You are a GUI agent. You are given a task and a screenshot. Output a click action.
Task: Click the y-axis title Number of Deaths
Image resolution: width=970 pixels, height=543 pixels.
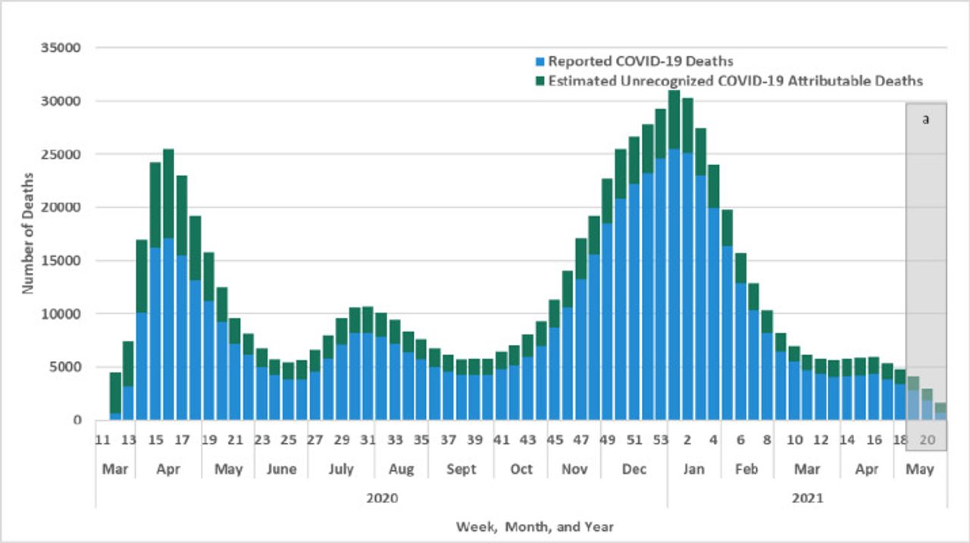[x=28, y=234]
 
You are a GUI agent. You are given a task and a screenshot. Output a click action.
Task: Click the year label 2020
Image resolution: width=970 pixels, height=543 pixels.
[x=381, y=498]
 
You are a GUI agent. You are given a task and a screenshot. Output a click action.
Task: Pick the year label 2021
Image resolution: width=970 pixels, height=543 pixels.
[x=807, y=498]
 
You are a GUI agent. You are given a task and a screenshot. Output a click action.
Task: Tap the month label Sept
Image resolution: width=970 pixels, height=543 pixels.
[x=461, y=469]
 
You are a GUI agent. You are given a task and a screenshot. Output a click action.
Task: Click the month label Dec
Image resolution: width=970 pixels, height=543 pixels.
[x=634, y=469]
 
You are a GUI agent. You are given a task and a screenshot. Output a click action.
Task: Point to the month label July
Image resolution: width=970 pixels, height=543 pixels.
[x=341, y=469]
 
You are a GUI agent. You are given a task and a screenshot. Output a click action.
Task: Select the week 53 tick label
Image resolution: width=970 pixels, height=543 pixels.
[x=661, y=440]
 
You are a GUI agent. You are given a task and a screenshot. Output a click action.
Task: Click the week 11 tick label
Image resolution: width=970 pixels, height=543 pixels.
[x=103, y=440]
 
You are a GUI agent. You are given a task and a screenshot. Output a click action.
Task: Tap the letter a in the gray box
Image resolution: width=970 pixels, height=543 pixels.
[x=925, y=119]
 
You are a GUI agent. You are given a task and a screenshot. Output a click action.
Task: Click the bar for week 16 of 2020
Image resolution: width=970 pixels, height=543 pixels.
[x=169, y=288]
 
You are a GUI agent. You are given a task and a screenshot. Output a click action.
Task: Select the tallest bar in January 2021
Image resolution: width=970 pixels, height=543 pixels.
[x=674, y=258]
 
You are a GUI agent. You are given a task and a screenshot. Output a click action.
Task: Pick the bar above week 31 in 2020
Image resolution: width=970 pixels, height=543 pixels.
[x=368, y=364]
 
